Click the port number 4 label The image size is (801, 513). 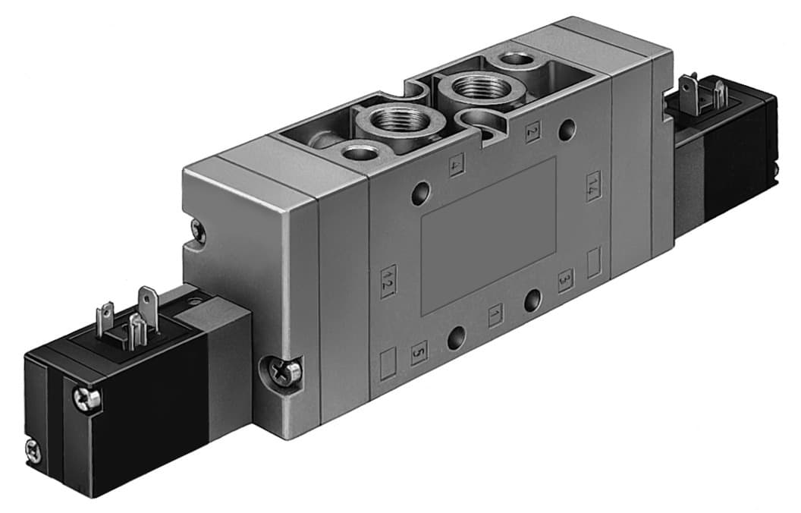pyautogui.click(x=457, y=165)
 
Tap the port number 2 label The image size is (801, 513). pyautogui.click(x=532, y=131)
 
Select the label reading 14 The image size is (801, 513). pyautogui.click(x=593, y=187)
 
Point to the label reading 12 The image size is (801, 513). pyautogui.click(x=388, y=280)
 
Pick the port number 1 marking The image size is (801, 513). pyautogui.click(x=495, y=313)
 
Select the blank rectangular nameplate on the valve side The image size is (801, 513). pyautogui.click(x=488, y=235)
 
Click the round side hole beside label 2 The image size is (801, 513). pyautogui.click(x=567, y=130)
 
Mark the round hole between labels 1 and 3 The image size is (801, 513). pyautogui.click(x=533, y=300)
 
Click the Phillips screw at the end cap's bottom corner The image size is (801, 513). pyautogui.click(x=287, y=370)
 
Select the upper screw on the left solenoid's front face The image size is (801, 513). pyautogui.click(x=86, y=397)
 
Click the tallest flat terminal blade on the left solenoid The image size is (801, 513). pyautogui.click(x=148, y=302)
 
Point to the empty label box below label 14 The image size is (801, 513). pyautogui.click(x=595, y=263)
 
